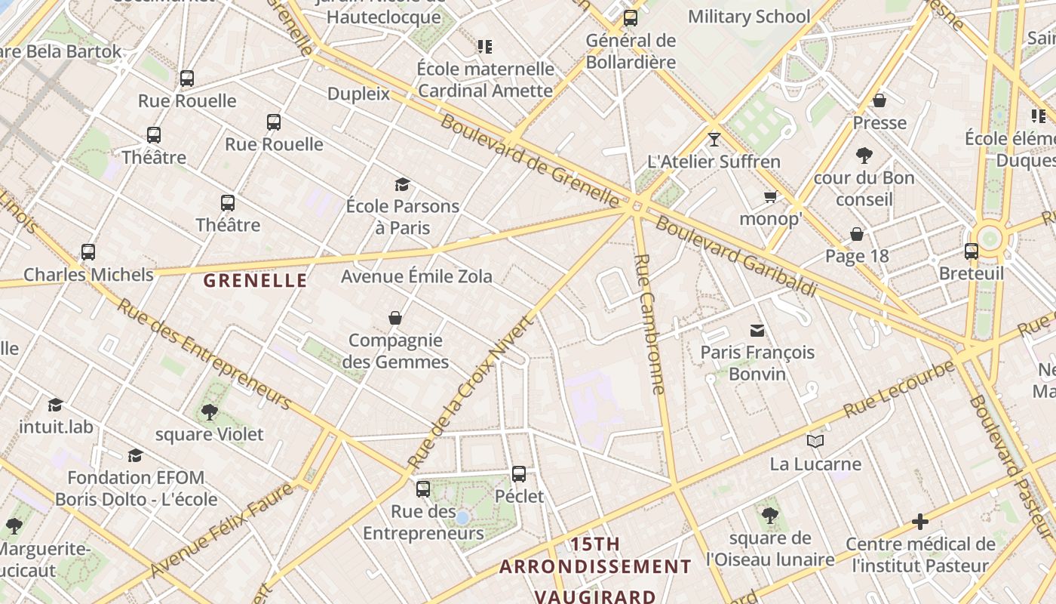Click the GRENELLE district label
(255, 281)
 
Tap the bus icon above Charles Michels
(88, 252)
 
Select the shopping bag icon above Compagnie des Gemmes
(394, 318)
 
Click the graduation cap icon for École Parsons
(402, 184)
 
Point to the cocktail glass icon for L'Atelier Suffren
(714, 139)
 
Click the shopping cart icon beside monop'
(770, 197)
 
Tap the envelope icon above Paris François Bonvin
(757, 330)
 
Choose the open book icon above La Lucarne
(815, 441)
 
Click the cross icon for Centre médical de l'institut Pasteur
(919, 521)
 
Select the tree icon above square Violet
(209, 411)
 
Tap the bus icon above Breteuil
(971, 251)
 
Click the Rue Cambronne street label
(650, 324)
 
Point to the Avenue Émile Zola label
(416, 276)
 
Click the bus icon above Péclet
(519, 474)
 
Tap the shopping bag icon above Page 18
(856, 234)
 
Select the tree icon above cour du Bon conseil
(864, 156)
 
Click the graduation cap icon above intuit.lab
(55, 405)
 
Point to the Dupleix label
(358, 94)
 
